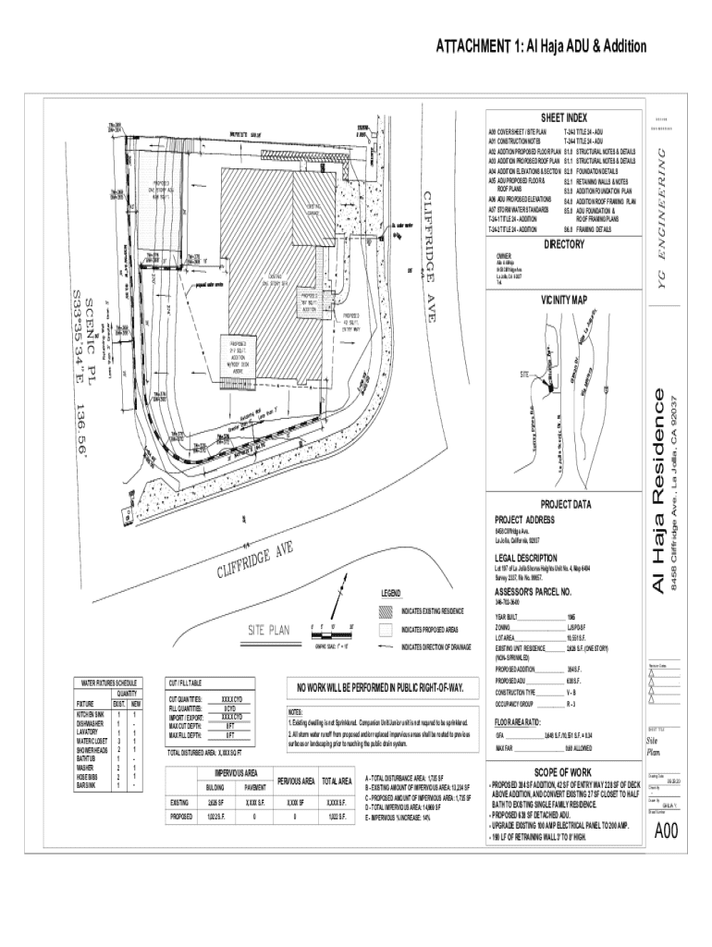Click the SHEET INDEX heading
pos(564,119)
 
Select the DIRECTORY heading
pos(564,244)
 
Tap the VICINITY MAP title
pos(564,300)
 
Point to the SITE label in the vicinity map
pos(524,374)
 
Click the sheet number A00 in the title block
pos(666,831)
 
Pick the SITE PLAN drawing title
pos(268,631)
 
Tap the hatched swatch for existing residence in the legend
pos(386,611)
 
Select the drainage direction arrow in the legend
pos(386,646)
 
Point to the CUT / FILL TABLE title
pos(190,683)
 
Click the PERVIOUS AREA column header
pos(297,781)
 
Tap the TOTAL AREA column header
pos(334,781)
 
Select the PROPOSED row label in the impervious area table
pos(180,818)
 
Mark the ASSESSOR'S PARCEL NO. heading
pos(534,591)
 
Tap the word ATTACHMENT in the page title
pos(473,47)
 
